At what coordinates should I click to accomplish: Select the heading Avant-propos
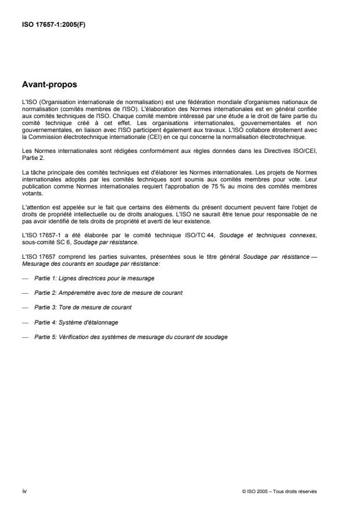coord(49,84)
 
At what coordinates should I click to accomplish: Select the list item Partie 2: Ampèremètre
coord(108,293)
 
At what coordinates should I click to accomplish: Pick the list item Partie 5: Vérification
coord(130,337)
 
